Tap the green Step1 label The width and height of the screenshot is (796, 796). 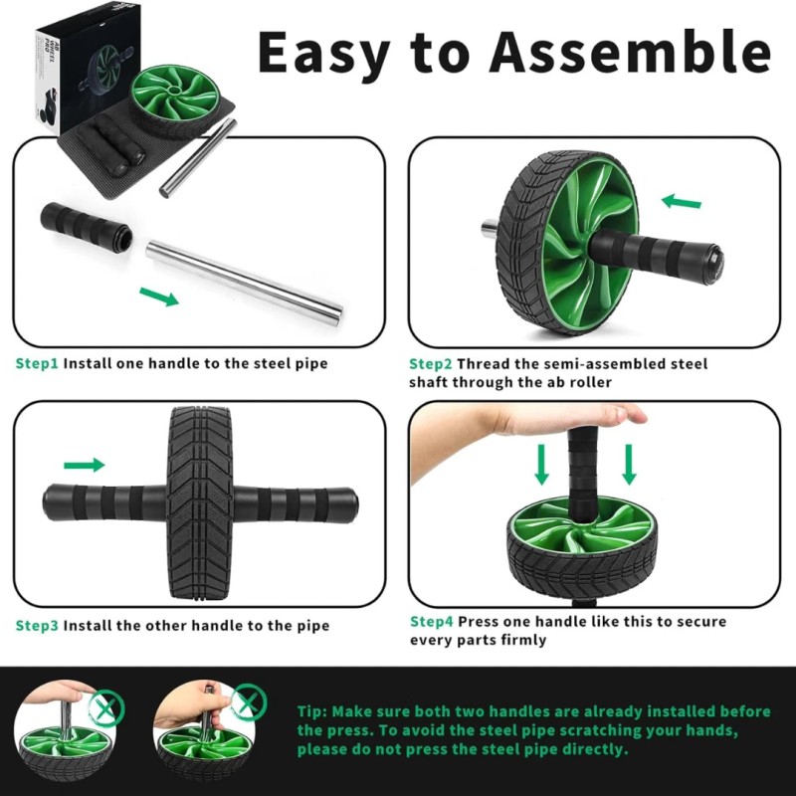(37, 363)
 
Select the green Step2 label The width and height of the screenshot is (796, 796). (431, 363)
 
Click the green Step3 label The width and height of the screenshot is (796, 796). (37, 626)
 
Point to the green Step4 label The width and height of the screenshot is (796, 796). (432, 621)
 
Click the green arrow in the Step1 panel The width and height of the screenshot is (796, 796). (159, 296)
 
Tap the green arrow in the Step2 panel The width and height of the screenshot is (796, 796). (682, 202)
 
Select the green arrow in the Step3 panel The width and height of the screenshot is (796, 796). (84, 465)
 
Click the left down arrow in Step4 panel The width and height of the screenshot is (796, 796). (542, 465)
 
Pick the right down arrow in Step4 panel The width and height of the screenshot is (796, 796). (629, 465)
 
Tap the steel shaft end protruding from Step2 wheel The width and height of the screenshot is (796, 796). (491, 228)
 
